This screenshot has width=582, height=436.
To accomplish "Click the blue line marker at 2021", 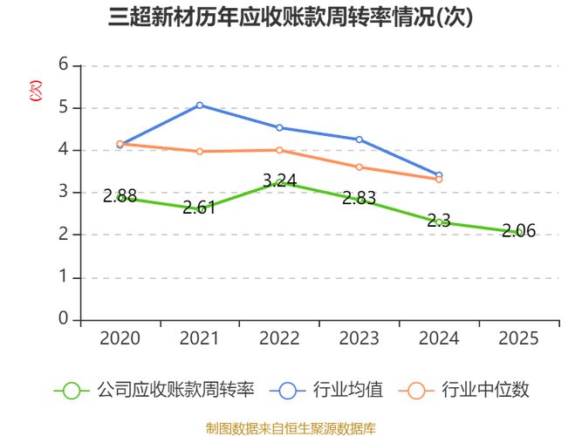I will pos(200,106).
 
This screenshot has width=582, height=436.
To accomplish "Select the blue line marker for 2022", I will pos(279,128).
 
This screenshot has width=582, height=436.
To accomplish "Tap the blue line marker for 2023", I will pos(359,140).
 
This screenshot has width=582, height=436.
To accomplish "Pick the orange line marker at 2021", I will pos(200,152).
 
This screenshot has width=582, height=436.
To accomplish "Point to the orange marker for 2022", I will pos(279,149).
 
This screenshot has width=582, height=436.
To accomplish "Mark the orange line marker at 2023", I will pos(359,167).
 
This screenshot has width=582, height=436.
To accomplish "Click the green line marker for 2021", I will pos(200,209).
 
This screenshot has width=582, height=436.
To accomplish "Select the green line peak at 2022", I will pos(279,181).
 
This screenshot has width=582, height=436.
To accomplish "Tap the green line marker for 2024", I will pos(440,221).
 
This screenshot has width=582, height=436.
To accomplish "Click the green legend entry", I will pos(153,390).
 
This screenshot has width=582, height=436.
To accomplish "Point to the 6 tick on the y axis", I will pos(63,64).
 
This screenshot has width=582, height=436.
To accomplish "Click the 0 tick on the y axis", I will pos(63,318).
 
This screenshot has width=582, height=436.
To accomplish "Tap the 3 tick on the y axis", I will pos(63,191).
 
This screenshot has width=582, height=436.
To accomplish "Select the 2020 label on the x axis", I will pos(120,337).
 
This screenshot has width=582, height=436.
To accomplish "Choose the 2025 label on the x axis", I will pos(520,337).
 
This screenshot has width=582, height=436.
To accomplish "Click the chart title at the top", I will pos(291,17).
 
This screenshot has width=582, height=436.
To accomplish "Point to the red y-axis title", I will pos(35,90).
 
